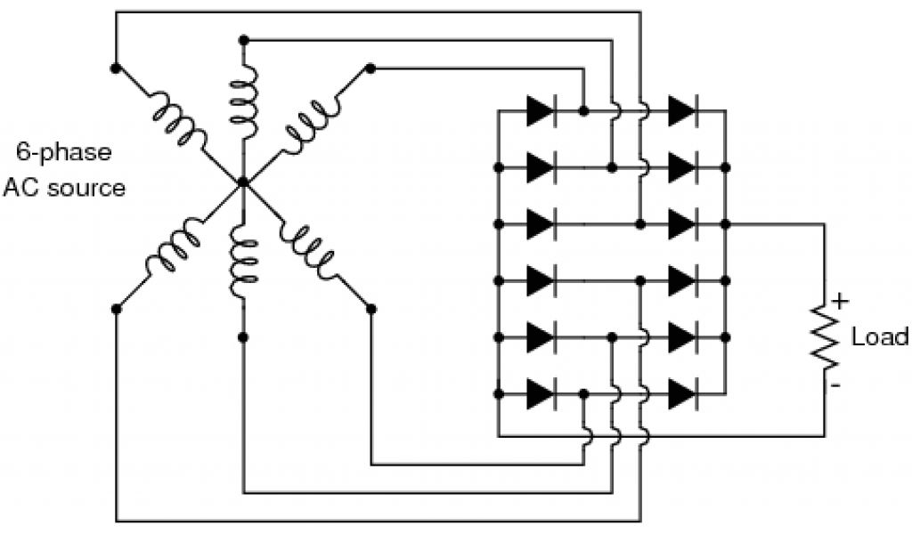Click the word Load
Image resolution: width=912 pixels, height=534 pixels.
pyautogui.click(x=880, y=337)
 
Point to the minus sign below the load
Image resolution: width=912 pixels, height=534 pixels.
pyautogui.click(x=836, y=385)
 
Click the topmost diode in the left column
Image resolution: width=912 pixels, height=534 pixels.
pyautogui.click(x=540, y=111)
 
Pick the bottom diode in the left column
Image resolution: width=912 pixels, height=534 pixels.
pyautogui.click(x=540, y=392)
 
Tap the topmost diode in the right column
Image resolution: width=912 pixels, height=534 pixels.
pyautogui.click(x=682, y=111)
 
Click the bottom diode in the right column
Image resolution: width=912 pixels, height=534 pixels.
pyautogui.click(x=682, y=392)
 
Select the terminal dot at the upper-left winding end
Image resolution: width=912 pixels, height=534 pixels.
pyautogui.click(x=115, y=67)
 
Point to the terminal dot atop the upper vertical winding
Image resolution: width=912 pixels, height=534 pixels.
pyautogui.click(x=243, y=40)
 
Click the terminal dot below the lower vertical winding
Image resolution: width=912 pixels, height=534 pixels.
pyautogui.click(x=243, y=336)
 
